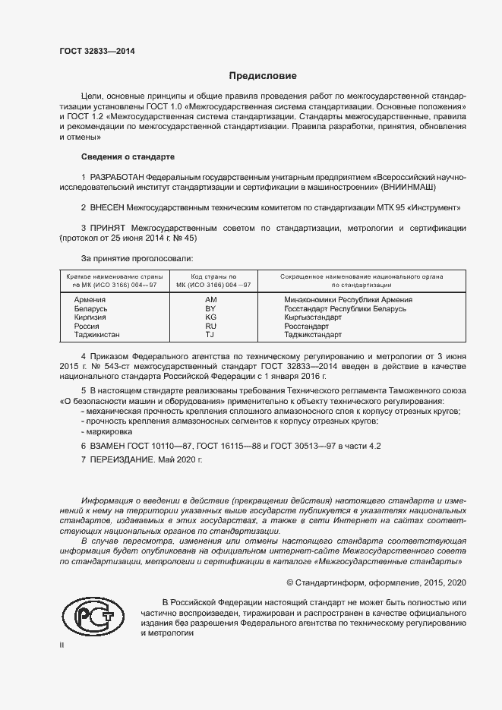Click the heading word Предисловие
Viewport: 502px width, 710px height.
point(263,76)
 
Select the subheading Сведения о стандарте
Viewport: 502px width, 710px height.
point(128,156)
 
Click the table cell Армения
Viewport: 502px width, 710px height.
point(90,301)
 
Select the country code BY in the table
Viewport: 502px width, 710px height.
point(211,309)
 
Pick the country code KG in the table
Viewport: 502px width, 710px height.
point(211,317)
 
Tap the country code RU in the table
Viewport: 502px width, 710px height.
point(211,326)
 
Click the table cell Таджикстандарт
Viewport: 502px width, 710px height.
point(313,334)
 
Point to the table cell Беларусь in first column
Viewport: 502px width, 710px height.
point(91,309)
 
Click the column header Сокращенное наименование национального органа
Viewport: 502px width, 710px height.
point(362,276)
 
